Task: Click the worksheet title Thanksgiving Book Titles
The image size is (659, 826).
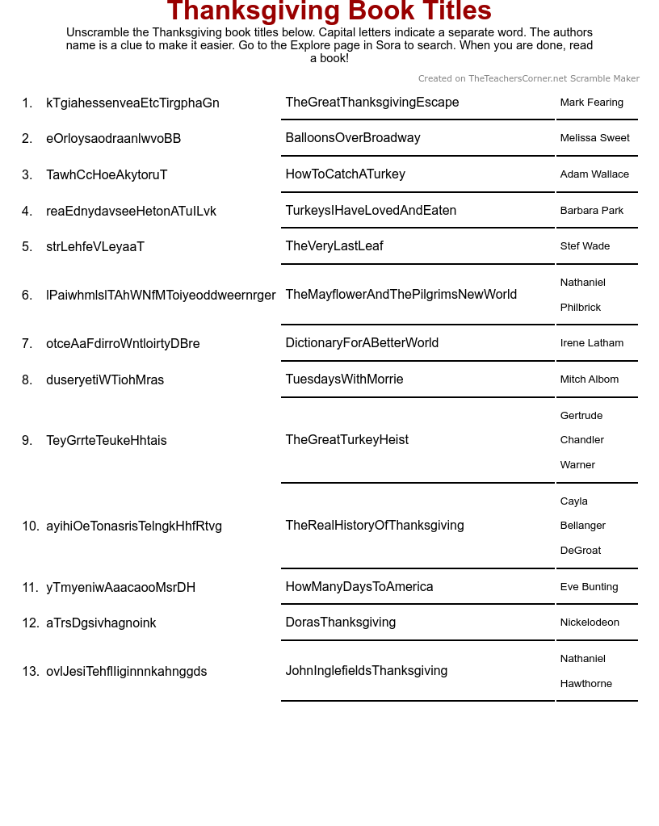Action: point(329,11)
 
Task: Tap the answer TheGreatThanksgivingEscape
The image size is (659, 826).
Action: point(371,103)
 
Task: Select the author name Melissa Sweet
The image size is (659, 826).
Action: point(594,138)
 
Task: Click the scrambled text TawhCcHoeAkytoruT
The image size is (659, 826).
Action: point(107,175)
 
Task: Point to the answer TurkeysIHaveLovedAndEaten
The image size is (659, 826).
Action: point(371,211)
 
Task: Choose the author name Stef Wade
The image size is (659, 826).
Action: point(585,246)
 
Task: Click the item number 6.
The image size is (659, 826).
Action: point(27,296)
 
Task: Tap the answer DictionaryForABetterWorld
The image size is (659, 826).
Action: point(362,343)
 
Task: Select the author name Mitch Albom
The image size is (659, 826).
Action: point(590,379)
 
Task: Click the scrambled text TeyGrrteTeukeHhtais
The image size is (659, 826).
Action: point(107,441)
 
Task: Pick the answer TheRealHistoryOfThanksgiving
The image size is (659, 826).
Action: point(375,526)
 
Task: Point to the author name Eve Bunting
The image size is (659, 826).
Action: point(589,587)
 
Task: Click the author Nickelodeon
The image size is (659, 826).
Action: point(590,623)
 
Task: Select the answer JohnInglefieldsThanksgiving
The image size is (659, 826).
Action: point(366,671)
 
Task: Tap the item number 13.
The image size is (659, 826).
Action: point(30,672)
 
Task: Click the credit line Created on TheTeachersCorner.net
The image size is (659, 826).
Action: point(528,79)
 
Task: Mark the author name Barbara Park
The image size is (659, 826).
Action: point(591,211)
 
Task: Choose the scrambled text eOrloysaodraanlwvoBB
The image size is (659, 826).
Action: point(113,139)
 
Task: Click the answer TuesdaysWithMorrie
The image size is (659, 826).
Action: point(344,379)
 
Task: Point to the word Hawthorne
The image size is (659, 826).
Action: point(586,684)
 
